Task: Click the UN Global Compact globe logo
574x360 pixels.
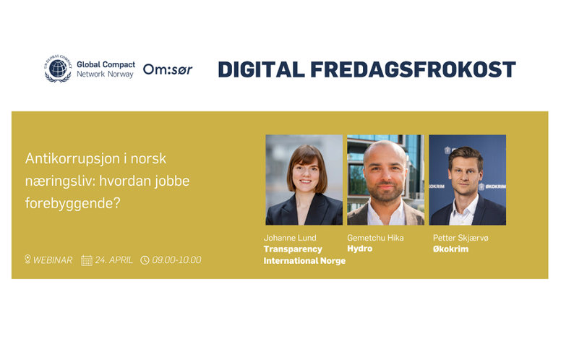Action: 58,69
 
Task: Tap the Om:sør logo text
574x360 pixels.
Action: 168,69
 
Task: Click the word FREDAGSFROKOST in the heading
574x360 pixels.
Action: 414,69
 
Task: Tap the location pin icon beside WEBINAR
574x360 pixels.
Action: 27,260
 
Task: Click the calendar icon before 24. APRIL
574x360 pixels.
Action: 86,260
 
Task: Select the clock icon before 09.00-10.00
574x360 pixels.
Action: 145,260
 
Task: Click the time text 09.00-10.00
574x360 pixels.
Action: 176,260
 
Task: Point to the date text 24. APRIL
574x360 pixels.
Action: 113,260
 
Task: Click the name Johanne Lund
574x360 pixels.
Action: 290,238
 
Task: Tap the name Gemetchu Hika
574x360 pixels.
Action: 375,238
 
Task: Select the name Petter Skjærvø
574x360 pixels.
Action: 461,238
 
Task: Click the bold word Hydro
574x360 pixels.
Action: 360,249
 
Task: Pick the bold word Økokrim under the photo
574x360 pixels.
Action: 450,249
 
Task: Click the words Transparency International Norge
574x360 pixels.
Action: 304,254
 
